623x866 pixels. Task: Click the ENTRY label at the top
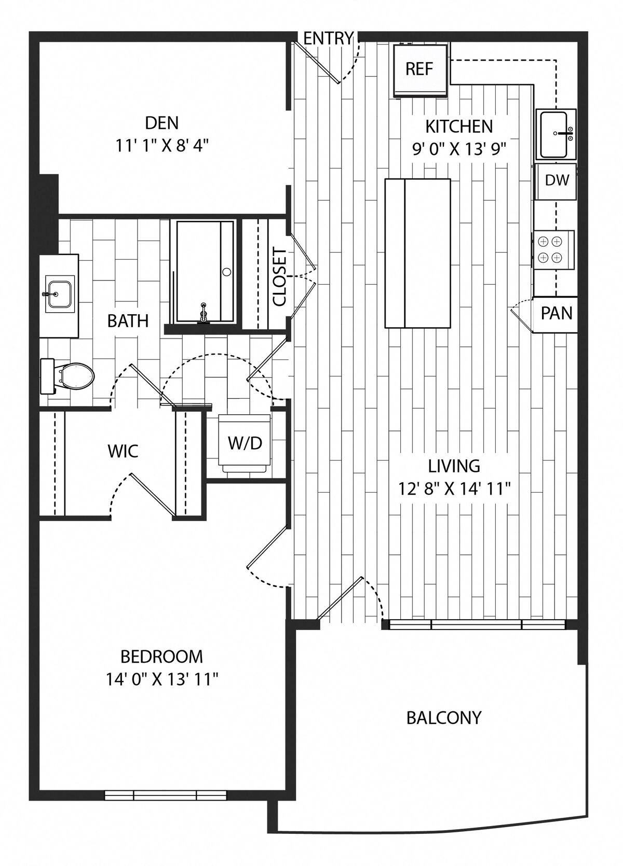pyautogui.click(x=328, y=38)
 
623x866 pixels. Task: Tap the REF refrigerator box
pyautogui.click(x=419, y=69)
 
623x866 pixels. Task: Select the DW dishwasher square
pyautogui.click(x=557, y=181)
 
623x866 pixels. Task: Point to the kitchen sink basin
pyautogui.click(x=554, y=134)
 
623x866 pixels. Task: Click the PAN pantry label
pyautogui.click(x=556, y=313)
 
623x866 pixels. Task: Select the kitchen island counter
pyautogui.click(x=417, y=253)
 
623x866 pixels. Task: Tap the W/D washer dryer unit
pyautogui.click(x=245, y=443)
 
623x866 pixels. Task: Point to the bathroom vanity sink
pyautogui.click(x=59, y=294)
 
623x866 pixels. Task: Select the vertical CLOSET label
pyautogui.click(x=279, y=277)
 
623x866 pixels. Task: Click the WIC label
pyautogui.click(x=123, y=451)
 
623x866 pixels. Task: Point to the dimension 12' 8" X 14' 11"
pyautogui.click(x=454, y=488)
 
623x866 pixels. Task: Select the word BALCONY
pyautogui.click(x=444, y=718)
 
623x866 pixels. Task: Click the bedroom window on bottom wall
pyautogui.click(x=166, y=795)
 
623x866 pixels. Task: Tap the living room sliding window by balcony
pyautogui.click(x=476, y=624)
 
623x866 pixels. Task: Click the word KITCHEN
pyautogui.click(x=459, y=126)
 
